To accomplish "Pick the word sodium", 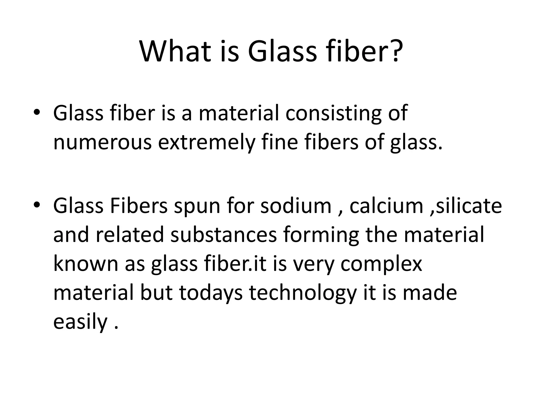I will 296,206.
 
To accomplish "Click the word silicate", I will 468,206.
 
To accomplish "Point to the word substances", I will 223,235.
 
